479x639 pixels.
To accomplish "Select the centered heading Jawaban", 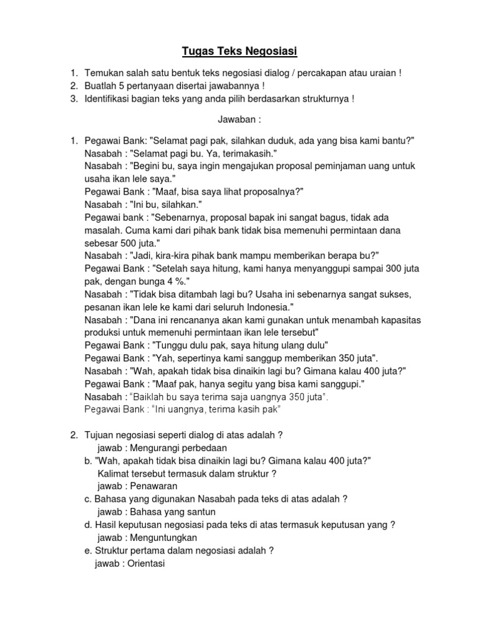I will click(239, 119).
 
